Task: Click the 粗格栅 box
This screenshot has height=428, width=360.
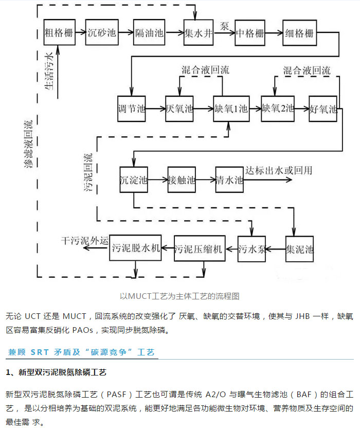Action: [x=58, y=33]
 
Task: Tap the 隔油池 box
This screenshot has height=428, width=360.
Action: [x=149, y=33]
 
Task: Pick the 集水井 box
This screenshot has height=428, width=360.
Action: [x=199, y=33]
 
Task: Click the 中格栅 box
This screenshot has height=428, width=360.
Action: [x=250, y=33]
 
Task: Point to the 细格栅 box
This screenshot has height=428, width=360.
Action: [x=299, y=33]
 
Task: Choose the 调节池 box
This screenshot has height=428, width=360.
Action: [x=132, y=110]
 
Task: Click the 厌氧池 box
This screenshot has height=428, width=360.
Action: [x=180, y=110]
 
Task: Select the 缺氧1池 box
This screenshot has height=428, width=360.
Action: [x=230, y=110]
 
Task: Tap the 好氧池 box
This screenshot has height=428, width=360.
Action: [x=323, y=110]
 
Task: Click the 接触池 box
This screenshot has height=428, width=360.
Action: [x=182, y=180]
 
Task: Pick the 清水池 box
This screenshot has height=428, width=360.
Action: [x=229, y=180]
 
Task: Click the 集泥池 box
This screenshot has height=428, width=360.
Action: [x=299, y=249]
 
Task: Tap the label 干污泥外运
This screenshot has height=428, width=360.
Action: [x=85, y=240]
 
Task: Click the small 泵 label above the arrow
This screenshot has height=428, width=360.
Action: [x=224, y=26]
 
